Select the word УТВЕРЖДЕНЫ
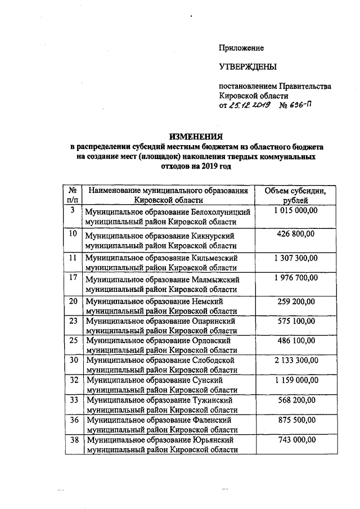coord(248,67)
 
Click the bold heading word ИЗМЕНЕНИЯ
coord(196,137)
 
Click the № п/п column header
coord(73,195)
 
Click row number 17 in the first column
coord(73,278)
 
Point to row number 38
coord(73,440)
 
